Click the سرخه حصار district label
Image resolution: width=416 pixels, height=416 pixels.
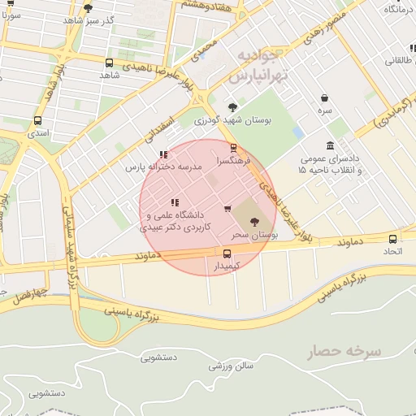(x=344, y=352)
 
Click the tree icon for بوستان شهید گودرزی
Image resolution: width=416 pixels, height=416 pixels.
(x=233, y=107)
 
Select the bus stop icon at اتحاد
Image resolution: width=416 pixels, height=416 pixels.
(x=393, y=239)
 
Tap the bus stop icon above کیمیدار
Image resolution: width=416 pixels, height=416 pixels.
(x=227, y=253)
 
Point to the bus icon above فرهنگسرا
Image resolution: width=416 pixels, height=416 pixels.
(x=234, y=148)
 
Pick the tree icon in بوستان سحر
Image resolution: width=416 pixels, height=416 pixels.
(x=254, y=221)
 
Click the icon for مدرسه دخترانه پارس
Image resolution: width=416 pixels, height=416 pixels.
(x=164, y=154)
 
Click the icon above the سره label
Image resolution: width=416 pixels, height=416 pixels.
(x=324, y=97)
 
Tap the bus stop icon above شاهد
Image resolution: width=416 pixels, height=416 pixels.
(x=110, y=63)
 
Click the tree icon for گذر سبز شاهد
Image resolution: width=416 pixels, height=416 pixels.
(x=88, y=8)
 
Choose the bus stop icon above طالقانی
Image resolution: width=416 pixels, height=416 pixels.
(x=400, y=45)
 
